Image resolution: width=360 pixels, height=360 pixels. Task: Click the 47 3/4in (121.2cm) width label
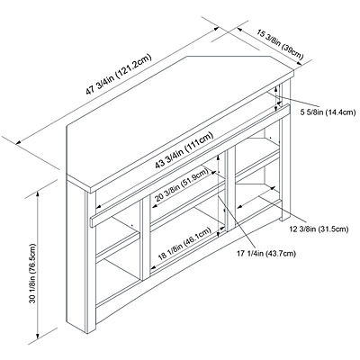[x=119, y=75]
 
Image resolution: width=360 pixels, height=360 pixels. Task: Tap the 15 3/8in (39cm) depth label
[x=280, y=45]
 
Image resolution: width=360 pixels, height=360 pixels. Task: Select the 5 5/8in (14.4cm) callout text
[x=328, y=112]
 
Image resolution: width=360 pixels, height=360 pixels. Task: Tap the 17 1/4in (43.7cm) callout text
[x=266, y=254]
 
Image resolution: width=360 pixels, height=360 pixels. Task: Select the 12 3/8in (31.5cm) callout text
[x=319, y=229]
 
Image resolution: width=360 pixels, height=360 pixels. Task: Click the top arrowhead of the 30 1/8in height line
[x=38, y=194]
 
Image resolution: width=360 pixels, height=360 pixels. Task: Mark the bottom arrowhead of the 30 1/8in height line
[x=38, y=336]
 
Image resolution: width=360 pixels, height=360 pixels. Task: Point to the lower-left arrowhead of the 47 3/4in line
[x=19, y=143]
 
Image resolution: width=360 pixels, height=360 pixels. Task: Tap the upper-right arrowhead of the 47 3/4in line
[x=217, y=29]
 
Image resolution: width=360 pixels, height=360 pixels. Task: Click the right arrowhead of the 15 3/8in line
[x=299, y=63]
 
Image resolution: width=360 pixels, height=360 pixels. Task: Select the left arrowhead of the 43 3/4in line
[x=98, y=207]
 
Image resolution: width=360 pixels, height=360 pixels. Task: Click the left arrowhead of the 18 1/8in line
[x=153, y=266]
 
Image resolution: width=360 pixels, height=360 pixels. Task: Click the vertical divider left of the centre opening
[x=146, y=237]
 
